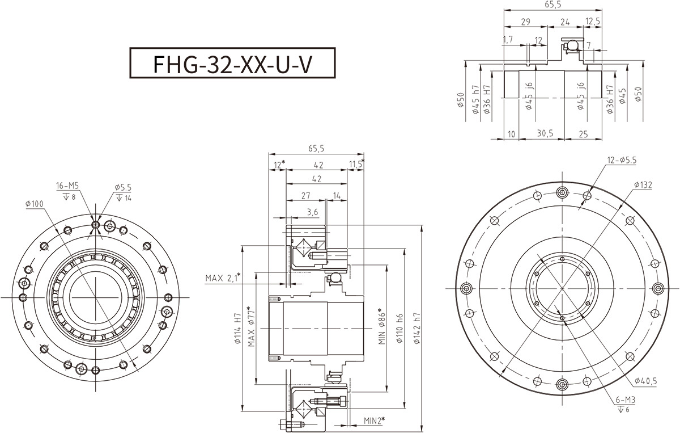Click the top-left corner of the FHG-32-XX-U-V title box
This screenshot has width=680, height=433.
tap(130, 48)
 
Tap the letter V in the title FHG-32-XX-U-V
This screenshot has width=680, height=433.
tap(304, 65)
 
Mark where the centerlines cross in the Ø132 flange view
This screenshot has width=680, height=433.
tap(562, 288)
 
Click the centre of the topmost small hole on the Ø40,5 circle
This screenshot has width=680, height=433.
tap(562, 259)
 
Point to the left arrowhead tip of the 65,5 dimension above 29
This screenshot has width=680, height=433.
tap(504, 10)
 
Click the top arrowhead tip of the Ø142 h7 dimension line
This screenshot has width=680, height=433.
tap(422, 225)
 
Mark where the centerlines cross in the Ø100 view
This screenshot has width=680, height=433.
tap(95, 297)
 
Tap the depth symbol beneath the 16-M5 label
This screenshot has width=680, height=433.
tap(66, 197)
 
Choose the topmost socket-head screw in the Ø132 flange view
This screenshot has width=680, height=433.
tap(562, 192)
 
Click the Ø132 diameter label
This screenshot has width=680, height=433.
tap(643, 185)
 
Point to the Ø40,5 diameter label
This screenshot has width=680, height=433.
tap(645, 381)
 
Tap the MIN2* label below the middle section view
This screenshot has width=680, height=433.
tap(375, 421)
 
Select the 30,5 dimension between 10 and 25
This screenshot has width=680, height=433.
tap(545, 133)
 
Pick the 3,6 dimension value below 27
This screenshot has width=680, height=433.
tap(312, 212)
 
